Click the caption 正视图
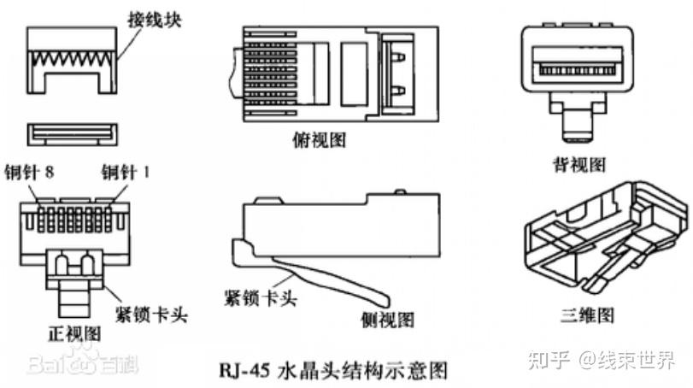73,333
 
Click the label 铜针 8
29,171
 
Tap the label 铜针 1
125,171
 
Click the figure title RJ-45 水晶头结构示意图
327,370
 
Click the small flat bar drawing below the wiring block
72,132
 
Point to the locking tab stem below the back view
578,128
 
